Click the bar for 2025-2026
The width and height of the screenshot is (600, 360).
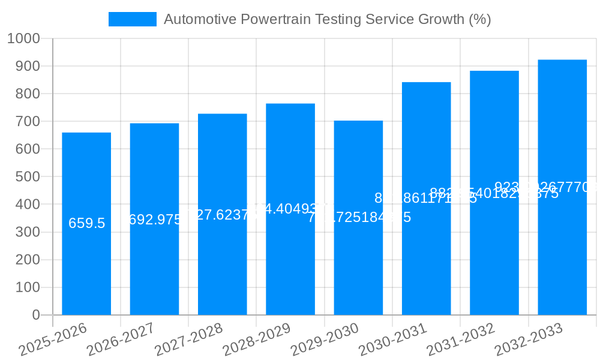point(86,270)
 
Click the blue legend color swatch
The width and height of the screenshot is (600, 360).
point(132,19)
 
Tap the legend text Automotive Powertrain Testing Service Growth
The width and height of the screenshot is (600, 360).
point(327,19)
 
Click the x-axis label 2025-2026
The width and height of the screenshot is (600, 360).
point(53,340)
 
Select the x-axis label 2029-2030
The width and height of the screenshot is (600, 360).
point(325,340)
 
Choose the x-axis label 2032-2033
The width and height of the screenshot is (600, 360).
point(529,340)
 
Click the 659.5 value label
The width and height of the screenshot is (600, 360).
point(86,223)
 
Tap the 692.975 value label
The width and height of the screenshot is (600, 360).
point(155,220)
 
